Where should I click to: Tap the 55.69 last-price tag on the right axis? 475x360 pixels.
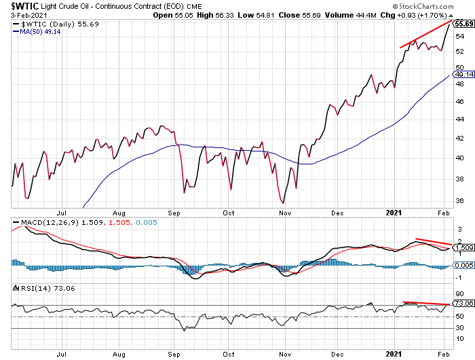click(x=463, y=23)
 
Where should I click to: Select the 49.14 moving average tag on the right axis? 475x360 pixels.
click(x=463, y=76)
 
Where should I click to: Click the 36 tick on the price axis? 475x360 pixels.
click(x=459, y=201)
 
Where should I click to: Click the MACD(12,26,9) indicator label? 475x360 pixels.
click(x=41, y=222)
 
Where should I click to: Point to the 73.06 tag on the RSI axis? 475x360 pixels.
click(x=463, y=303)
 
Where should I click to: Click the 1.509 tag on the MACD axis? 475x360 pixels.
click(x=463, y=248)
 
